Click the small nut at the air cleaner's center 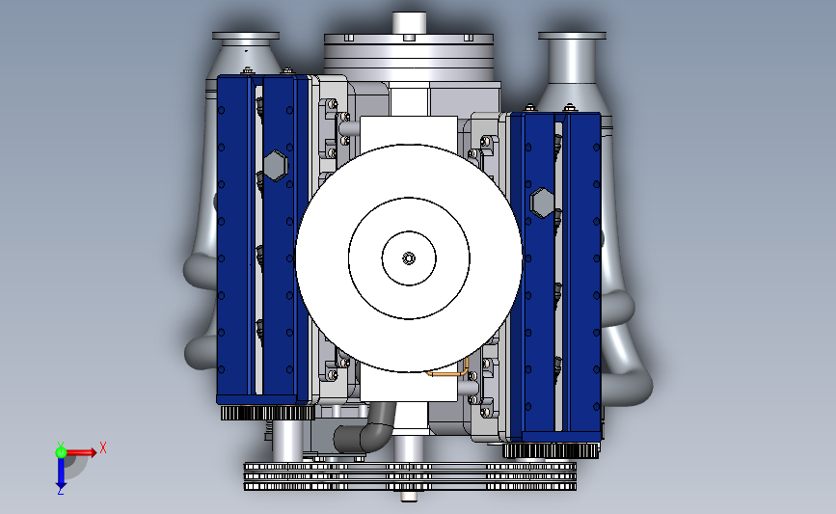(409, 257)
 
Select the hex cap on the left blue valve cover (274, 165)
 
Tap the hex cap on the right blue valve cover (542, 203)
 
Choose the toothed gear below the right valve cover (552, 449)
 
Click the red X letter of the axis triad (102, 447)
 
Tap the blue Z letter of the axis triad (60, 491)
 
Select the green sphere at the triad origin (61, 451)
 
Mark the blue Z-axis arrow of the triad (60, 473)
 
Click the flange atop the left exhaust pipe (245, 40)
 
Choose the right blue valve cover (556, 275)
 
